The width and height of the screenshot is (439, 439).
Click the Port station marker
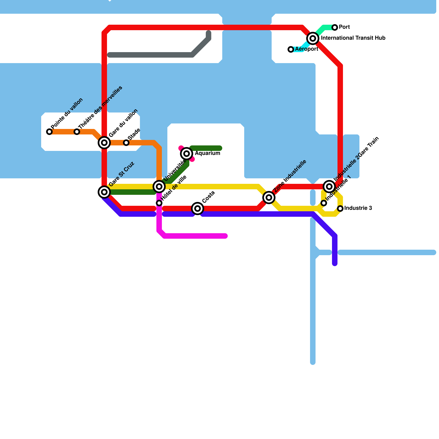click(335, 27)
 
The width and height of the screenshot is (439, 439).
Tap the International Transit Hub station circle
click(313, 38)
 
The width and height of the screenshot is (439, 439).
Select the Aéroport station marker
click(291, 49)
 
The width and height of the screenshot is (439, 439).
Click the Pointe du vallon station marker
click(49, 132)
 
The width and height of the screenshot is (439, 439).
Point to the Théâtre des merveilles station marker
click(77, 132)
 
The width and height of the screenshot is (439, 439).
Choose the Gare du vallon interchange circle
click(104, 143)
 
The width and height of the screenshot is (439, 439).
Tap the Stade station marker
click(126, 143)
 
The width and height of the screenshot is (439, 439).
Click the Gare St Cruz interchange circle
click(104, 192)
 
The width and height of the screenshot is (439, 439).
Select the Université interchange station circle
click(159, 187)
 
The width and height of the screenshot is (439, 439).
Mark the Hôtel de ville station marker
click(159, 203)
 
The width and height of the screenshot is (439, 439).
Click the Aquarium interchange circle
click(187, 154)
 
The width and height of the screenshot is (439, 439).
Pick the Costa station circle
click(198, 209)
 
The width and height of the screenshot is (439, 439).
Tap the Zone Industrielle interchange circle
click(269, 198)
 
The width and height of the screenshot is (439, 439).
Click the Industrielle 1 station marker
click(324, 203)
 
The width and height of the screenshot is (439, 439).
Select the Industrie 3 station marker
click(340, 209)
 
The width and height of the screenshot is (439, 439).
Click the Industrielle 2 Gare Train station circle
click(329, 187)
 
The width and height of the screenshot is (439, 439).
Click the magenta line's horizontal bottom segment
click(195, 236)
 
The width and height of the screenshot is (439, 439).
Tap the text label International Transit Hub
click(353, 38)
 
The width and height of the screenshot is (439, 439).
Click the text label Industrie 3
click(358, 208)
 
